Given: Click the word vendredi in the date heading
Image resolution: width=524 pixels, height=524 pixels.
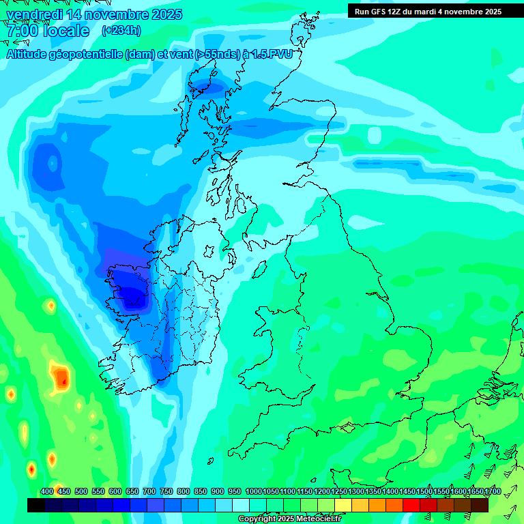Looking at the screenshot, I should point(36,14).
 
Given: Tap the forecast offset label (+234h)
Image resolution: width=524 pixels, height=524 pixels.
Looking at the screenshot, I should point(121,30).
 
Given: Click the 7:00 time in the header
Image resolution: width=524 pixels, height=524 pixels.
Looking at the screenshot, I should point(21,31).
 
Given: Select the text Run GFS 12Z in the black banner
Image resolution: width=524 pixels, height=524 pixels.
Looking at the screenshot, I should point(377,11).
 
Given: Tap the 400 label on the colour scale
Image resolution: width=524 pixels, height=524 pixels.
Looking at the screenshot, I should point(47,492).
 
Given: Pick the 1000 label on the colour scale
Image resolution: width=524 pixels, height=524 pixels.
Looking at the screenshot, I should point(254,492).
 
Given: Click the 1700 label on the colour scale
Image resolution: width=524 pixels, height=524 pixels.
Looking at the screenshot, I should point(493,492).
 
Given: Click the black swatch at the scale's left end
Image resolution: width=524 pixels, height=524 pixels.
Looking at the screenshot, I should point(36,505).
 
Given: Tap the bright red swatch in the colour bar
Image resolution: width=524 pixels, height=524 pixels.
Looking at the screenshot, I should point(411,505).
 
